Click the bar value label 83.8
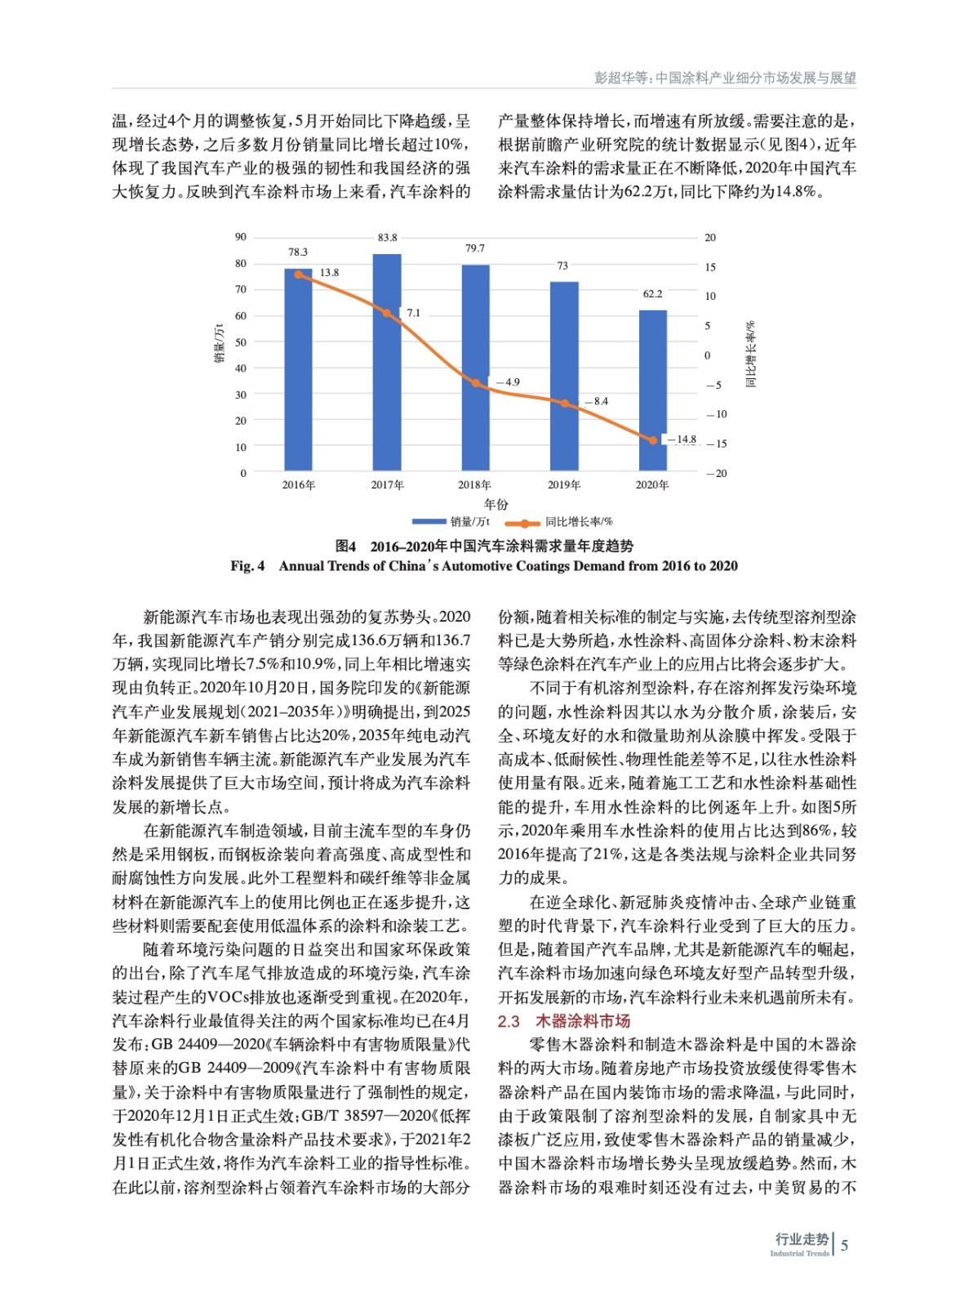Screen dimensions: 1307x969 (387, 238)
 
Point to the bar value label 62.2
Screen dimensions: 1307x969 (652, 294)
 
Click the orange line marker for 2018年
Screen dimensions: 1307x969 (476, 382)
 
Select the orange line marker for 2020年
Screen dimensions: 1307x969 (653, 440)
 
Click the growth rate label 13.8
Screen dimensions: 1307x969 (329, 273)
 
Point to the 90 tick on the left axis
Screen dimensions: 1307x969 (241, 237)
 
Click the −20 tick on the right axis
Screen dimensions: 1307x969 (716, 474)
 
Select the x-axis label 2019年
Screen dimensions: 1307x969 (563, 485)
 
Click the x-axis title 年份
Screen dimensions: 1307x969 (496, 504)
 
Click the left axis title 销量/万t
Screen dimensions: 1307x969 (219, 344)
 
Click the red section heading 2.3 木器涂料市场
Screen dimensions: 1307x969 (563, 1021)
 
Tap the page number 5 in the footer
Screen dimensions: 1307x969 (844, 1245)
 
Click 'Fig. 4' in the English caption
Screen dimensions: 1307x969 (247, 566)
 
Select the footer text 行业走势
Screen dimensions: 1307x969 (801, 1239)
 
